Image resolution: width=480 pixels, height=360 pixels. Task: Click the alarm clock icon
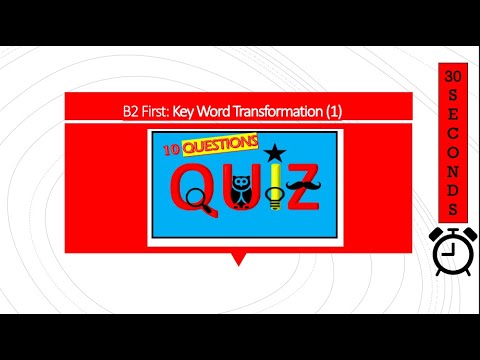[x=449, y=247]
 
